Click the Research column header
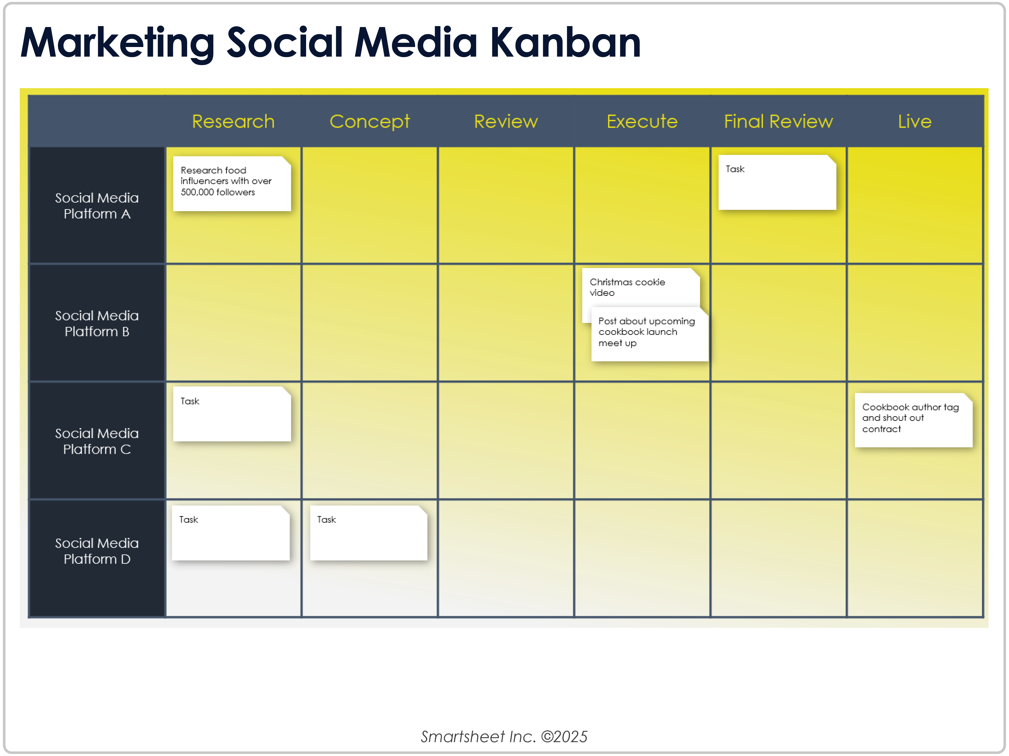(x=233, y=121)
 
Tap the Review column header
(x=506, y=121)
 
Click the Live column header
(x=914, y=121)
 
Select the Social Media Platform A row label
(x=97, y=206)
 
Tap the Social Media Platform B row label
(x=97, y=323)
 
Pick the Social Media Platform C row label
(x=97, y=441)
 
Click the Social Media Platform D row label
(x=97, y=551)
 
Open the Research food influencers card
(x=232, y=184)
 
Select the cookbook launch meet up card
(x=650, y=334)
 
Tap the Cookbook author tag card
(x=913, y=420)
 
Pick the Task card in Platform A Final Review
(x=777, y=182)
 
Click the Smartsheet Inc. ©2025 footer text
(x=504, y=736)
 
